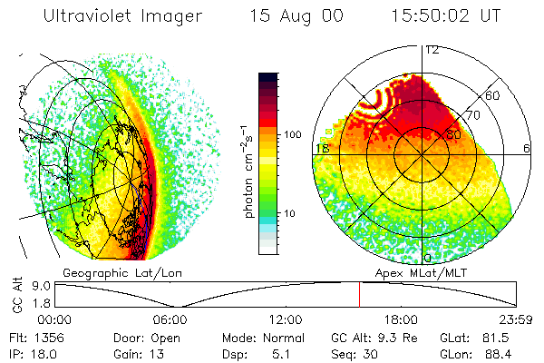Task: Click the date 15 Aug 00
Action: tap(287, 15)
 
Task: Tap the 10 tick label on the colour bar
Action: tap(291, 213)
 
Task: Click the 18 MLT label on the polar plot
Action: tap(321, 148)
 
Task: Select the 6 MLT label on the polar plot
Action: tap(528, 148)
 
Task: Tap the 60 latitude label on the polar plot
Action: tap(494, 95)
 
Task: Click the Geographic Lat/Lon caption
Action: tap(109, 271)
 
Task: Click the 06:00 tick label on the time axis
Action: tap(170, 319)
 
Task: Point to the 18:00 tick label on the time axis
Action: tap(401, 319)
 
